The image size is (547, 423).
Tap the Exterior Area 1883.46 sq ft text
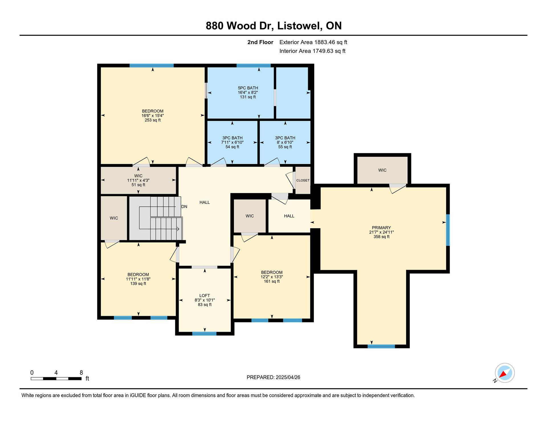[x=313, y=42]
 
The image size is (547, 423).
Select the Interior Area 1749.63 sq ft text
[x=312, y=51]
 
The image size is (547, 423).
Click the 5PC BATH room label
[x=248, y=88]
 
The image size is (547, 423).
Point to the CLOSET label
[x=303, y=180]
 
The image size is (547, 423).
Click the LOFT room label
[x=205, y=296]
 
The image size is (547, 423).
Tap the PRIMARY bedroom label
[x=381, y=228]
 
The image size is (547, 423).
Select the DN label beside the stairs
[x=184, y=207]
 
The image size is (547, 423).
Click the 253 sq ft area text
[x=153, y=120]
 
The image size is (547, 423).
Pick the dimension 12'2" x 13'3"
[x=272, y=277]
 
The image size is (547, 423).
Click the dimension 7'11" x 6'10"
[x=232, y=142]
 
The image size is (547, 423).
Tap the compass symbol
[x=505, y=373]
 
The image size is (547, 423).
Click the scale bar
[x=56, y=379]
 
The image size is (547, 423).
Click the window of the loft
[x=204, y=333]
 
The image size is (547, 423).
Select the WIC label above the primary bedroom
[x=382, y=170]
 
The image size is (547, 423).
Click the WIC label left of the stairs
[x=114, y=218]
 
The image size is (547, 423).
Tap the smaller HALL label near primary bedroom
[x=289, y=216]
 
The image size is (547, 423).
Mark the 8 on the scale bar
[x=81, y=373]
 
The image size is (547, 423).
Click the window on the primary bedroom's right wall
[x=448, y=230]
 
